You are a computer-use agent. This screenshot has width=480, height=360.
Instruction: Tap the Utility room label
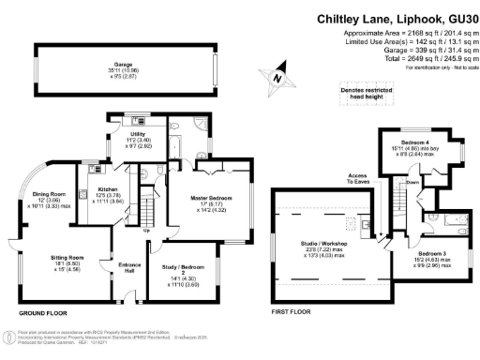pyautogui.click(x=125, y=135)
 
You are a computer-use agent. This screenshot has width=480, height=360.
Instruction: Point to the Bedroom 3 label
pyautogui.click(x=431, y=254)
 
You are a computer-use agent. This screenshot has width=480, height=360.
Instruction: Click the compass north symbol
pyautogui.click(x=276, y=82)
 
